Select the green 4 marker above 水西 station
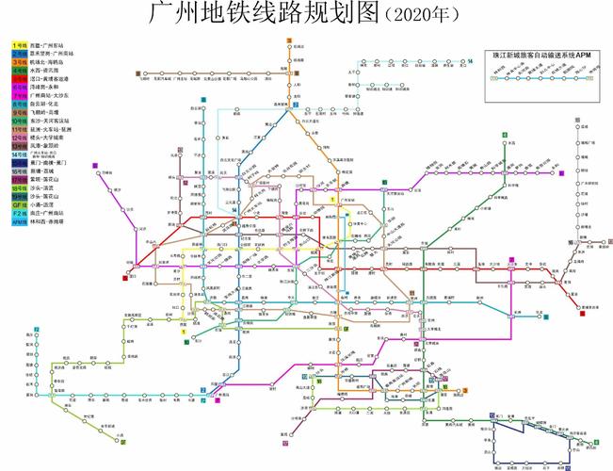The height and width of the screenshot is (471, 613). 504,136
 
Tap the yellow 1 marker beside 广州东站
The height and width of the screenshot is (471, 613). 332,200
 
